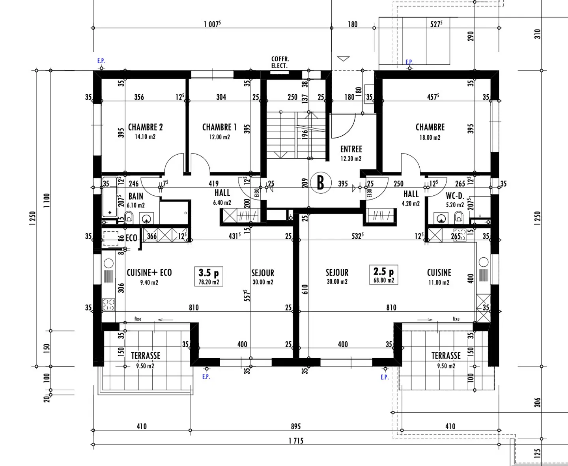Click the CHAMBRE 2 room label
click(x=145, y=127)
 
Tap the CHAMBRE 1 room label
click(x=219, y=127)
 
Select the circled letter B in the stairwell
click(x=320, y=183)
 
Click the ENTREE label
click(x=351, y=149)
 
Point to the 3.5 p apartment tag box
click(x=209, y=276)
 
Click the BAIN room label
click(x=136, y=196)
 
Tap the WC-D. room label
click(x=455, y=196)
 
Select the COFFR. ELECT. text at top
click(x=280, y=62)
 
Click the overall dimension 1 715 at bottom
click(x=296, y=441)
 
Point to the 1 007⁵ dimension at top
click(x=212, y=24)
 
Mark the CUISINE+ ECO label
click(x=149, y=272)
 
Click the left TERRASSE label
click(x=146, y=356)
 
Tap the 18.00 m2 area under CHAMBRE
click(x=430, y=137)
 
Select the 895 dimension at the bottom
click(x=296, y=427)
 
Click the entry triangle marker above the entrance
click(x=344, y=59)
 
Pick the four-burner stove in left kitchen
click(x=108, y=305)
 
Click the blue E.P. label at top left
click(x=101, y=61)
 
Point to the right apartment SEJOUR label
click(x=337, y=273)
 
